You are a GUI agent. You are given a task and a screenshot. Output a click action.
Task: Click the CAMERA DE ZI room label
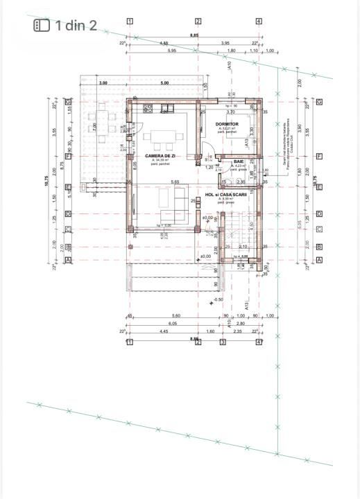[x=160, y=156]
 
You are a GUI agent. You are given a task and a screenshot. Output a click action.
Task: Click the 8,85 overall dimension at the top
[x=194, y=35]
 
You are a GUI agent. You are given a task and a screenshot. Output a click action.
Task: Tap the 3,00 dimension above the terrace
[x=103, y=83]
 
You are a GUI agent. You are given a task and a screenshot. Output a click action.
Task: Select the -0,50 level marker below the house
[x=218, y=299]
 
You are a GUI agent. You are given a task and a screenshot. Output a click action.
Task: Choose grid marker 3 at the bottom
[x=223, y=342]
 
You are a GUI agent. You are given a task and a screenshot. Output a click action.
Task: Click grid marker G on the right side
[x=319, y=102]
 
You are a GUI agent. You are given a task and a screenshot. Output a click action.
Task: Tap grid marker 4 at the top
[x=259, y=21]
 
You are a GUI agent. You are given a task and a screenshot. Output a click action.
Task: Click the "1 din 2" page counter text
[x=76, y=26]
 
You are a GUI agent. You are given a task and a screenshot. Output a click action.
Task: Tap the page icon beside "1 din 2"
[x=42, y=26]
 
